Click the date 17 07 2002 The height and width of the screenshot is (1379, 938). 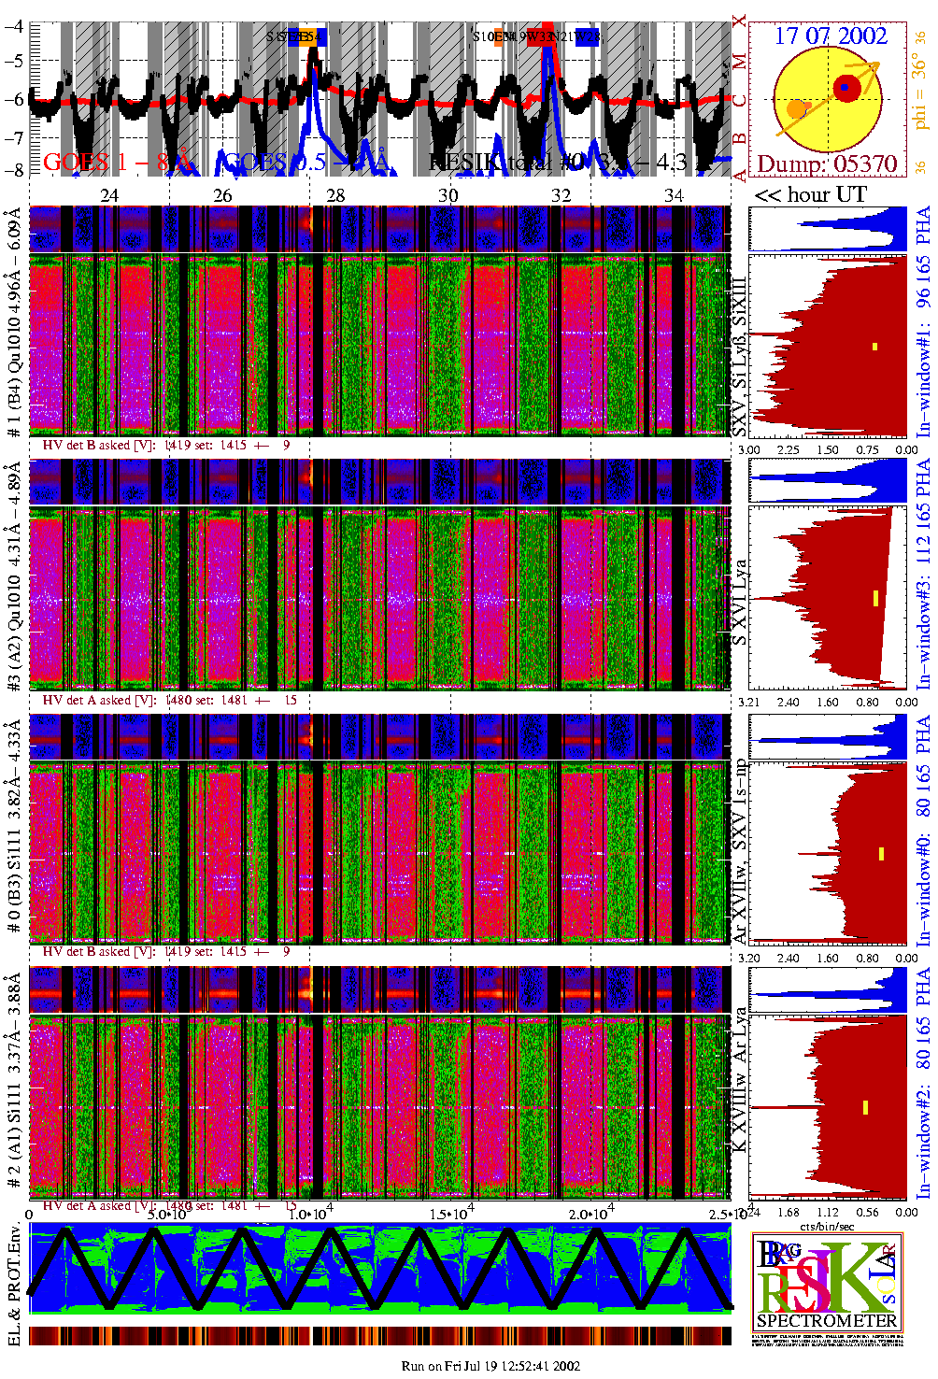point(830,36)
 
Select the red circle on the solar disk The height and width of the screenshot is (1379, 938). point(846,88)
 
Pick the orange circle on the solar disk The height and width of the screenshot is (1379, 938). point(796,109)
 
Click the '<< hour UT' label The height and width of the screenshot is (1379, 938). point(810,194)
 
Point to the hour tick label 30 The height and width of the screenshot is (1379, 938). point(448,195)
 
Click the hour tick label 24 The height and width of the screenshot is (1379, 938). point(110,195)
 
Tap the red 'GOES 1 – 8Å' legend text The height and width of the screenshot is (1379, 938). point(117,163)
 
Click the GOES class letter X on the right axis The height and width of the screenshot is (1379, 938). point(739,21)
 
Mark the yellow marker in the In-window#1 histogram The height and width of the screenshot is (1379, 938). point(874,347)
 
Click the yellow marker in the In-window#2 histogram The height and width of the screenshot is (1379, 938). point(866,1107)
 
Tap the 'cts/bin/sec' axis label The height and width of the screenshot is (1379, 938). point(828,1225)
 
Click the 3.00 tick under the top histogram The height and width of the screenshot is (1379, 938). point(749,449)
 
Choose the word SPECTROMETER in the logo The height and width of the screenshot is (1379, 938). point(827,1320)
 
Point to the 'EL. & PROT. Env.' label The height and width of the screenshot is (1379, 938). point(14,1286)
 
